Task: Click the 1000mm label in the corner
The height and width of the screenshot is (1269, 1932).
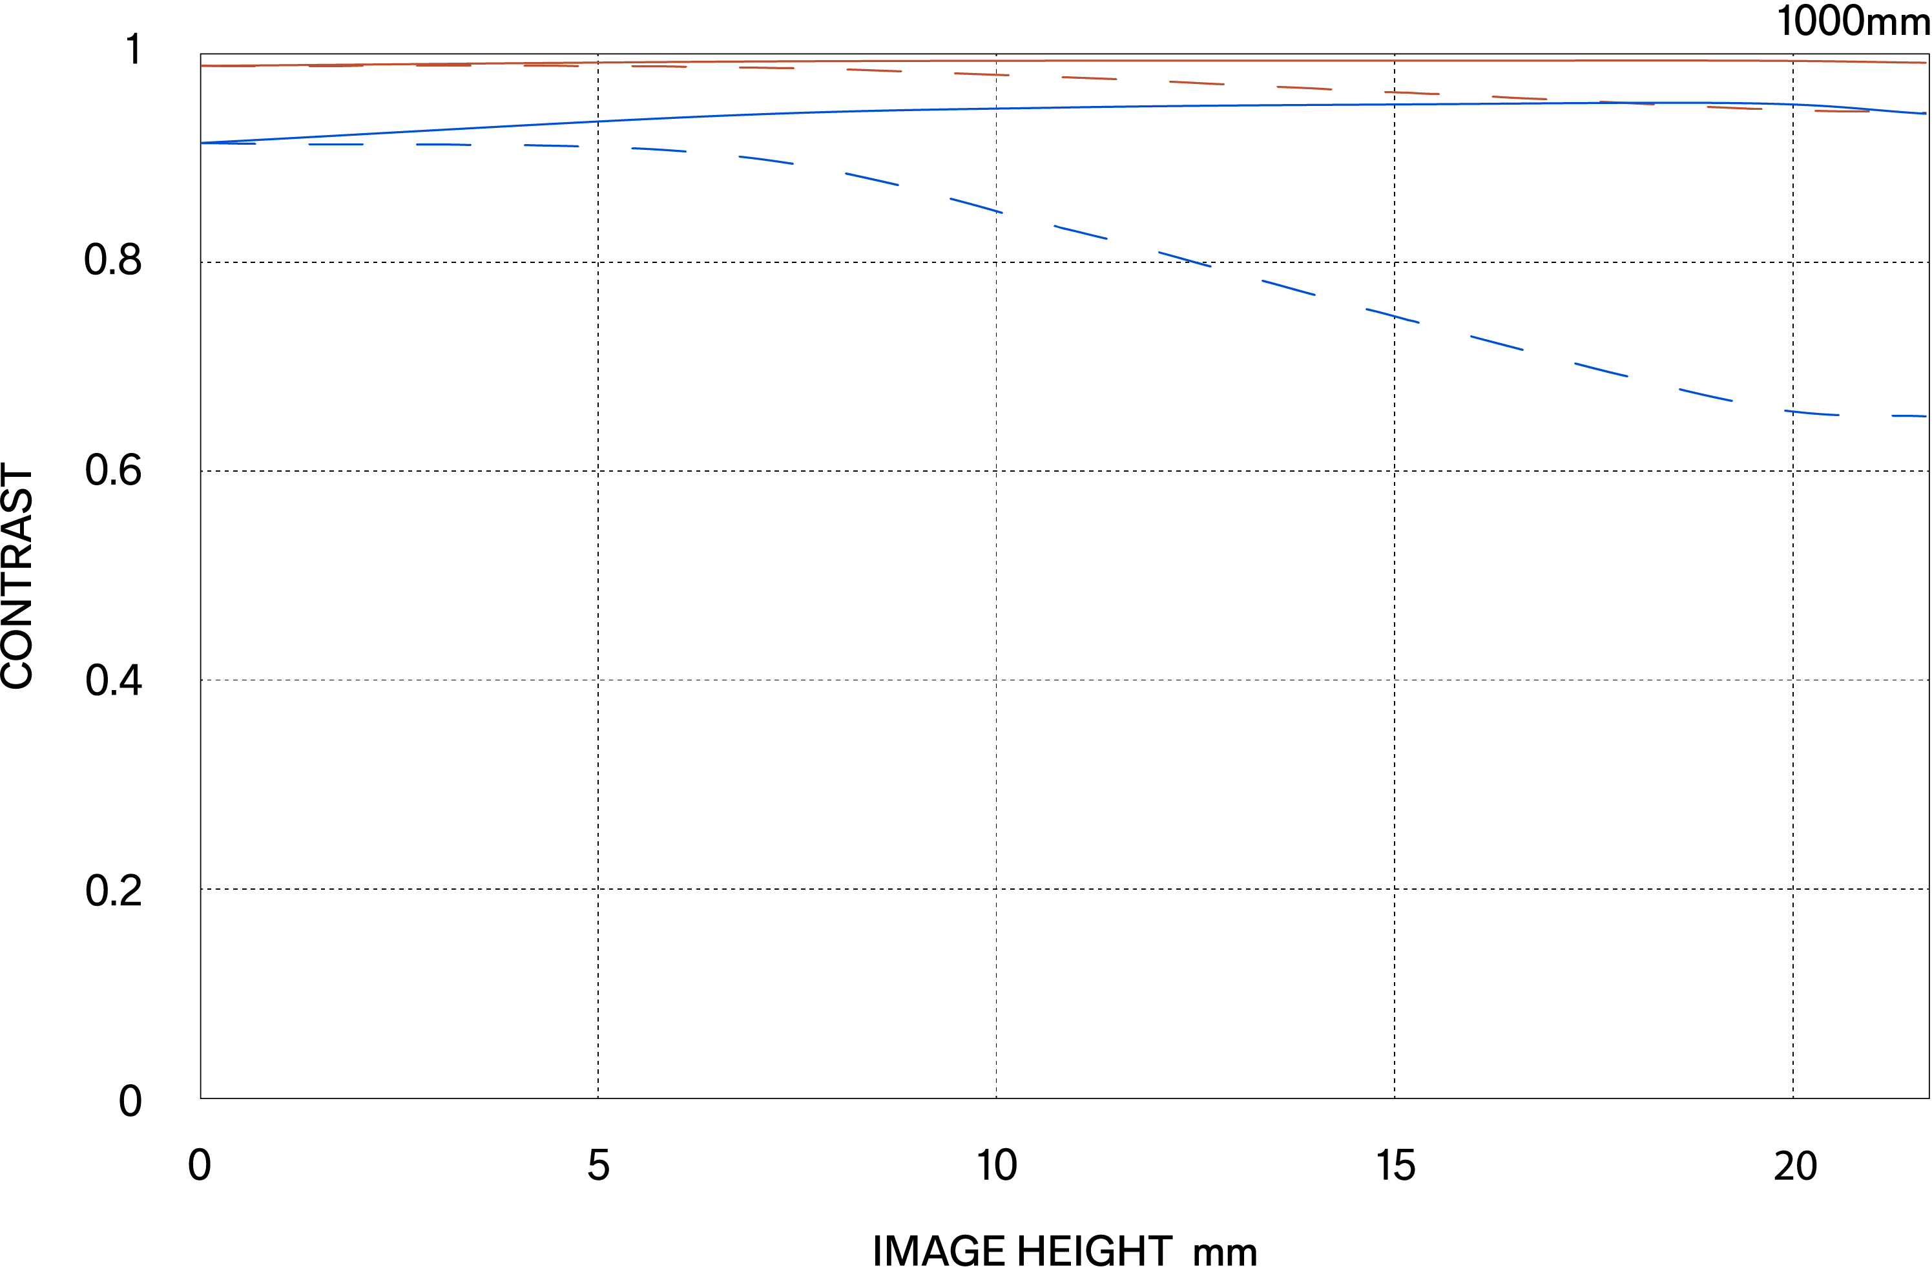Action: (x=1853, y=21)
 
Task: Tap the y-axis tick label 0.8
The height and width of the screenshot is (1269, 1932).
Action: (x=113, y=260)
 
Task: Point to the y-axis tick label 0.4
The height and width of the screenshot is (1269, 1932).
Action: (x=113, y=680)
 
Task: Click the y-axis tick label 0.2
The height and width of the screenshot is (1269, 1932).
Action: (x=113, y=890)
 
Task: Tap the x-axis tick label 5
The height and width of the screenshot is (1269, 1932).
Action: (x=598, y=1166)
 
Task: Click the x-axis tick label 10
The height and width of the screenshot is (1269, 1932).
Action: (x=996, y=1166)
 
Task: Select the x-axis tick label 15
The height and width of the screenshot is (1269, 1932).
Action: (x=1395, y=1166)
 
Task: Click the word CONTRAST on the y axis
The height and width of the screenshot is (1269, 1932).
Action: (x=18, y=576)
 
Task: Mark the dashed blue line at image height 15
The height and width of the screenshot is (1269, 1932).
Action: (x=1395, y=316)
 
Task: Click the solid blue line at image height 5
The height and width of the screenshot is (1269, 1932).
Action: (x=598, y=121)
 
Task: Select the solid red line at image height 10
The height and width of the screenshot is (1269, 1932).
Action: (x=996, y=60)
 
